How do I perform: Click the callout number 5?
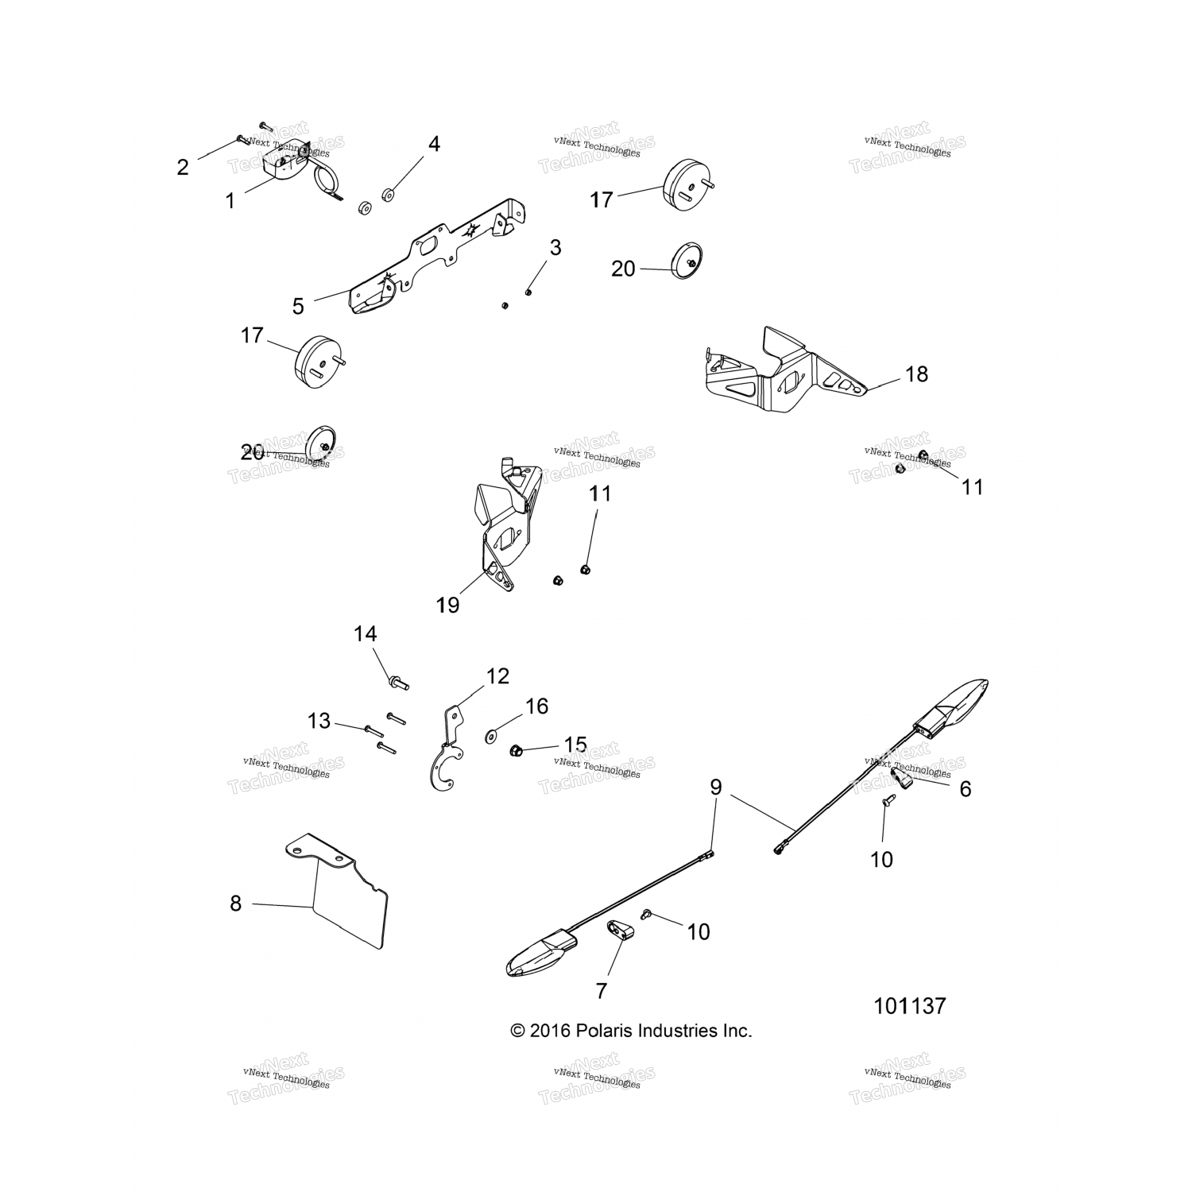(x=298, y=307)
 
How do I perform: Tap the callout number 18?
(x=916, y=374)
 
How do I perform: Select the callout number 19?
(x=447, y=605)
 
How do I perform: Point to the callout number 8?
(x=235, y=904)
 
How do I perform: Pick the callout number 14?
(x=366, y=634)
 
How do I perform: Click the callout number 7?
(x=601, y=991)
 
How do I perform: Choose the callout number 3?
(x=555, y=248)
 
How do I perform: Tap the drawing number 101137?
(x=910, y=1006)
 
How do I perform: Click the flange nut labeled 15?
(x=515, y=749)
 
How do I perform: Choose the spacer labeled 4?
(x=389, y=194)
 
